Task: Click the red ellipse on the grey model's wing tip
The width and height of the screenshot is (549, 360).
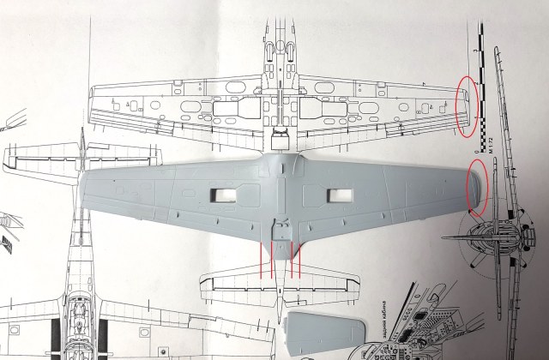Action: point(477,186)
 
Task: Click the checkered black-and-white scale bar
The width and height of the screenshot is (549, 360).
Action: point(485,86)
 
